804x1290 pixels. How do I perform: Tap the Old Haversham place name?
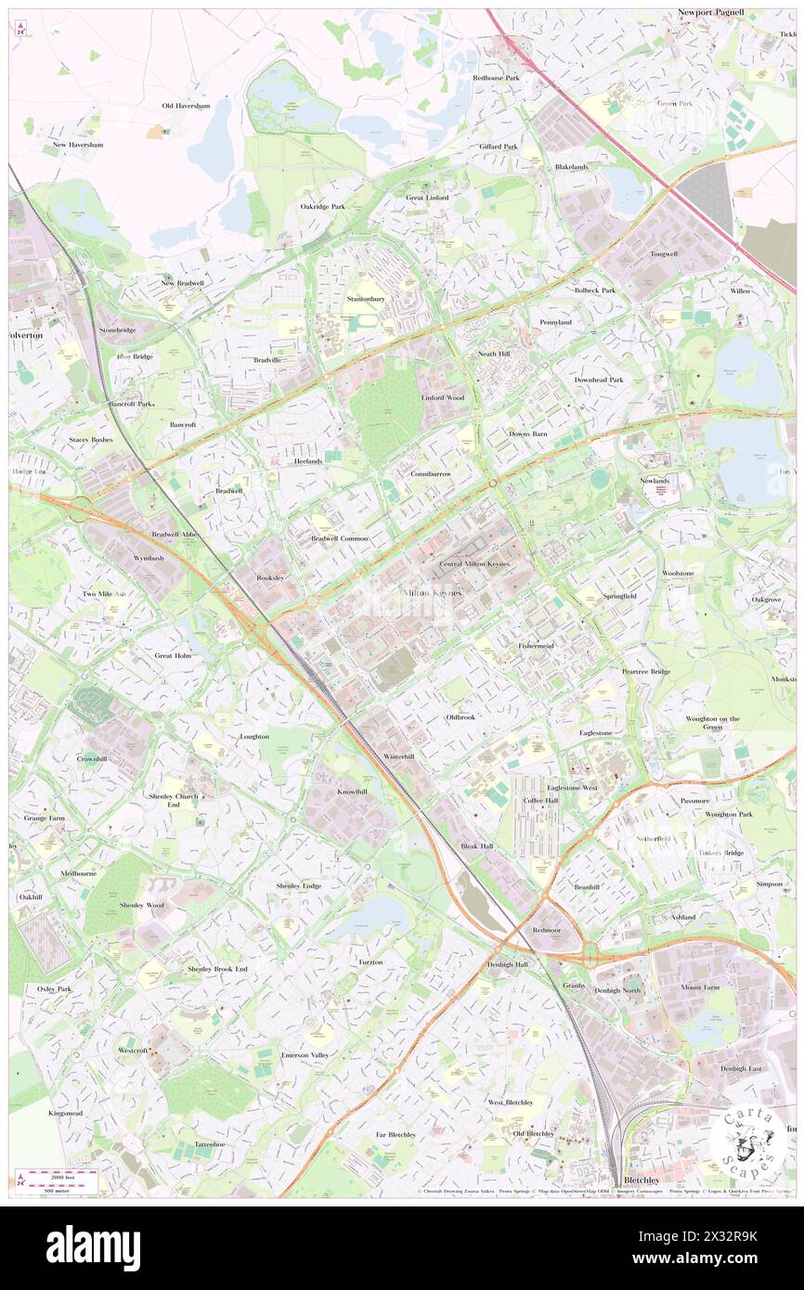[186, 106]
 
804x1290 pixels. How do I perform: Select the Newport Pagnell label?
[737, 14]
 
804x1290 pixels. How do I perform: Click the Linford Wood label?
[442, 397]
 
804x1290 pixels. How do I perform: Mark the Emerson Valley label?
[305, 1055]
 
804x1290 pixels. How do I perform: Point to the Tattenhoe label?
[210, 1143]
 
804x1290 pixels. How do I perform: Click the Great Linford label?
[427, 198]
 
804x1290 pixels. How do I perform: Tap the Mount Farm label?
[699, 987]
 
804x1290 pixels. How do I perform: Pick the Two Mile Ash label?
[102, 594]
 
